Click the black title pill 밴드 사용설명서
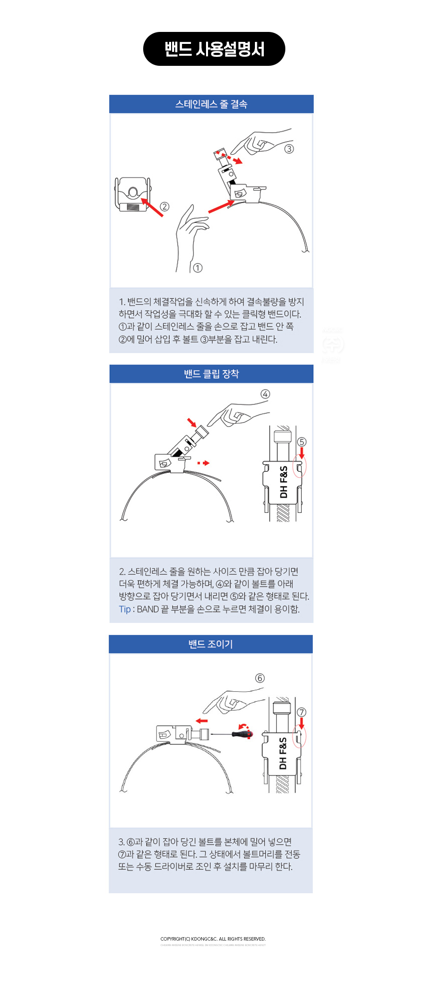tap(214, 49)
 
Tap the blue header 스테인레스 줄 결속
tap(211, 104)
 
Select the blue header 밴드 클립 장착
tap(211, 374)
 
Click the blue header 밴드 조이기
tap(211, 644)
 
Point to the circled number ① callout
tap(198, 268)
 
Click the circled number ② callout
tap(165, 206)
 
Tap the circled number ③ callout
tap(289, 149)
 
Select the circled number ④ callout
tap(265, 394)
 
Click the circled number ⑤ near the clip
tap(301, 442)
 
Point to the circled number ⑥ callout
tap(260, 678)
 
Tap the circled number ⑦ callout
tap(301, 712)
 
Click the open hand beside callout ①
tap(191, 234)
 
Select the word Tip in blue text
tap(125, 609)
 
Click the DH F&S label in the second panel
tap(283, 482)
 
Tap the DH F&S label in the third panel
tap(283, 753)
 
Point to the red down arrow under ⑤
tap(301, 453)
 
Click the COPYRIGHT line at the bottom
tap(213, 939)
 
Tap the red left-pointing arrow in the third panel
tap(202, 721)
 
